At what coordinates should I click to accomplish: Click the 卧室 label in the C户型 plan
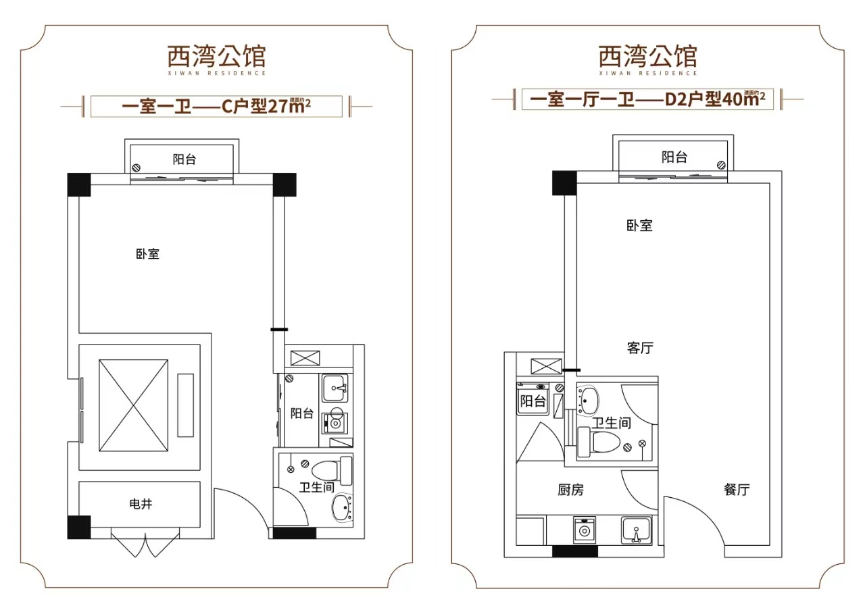[x=147, y=255]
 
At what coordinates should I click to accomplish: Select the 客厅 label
[x=640, y=349]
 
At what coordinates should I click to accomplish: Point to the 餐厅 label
[x=737, y=490]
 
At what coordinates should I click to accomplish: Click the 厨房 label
[x=570, y=490]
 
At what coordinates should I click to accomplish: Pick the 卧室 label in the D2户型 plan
[x=639, y=226]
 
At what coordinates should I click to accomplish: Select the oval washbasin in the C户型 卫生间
[x=342, y=507]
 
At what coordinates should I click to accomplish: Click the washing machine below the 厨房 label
[x=583, y=530]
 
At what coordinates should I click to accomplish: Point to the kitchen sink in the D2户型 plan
[x=636, y=530]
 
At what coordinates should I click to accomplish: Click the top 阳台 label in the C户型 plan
[x=184, y=160]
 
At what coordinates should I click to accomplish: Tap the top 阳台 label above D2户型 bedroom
[x=674, y=157]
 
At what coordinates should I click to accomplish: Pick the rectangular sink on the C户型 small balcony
[x=336, y=388]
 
